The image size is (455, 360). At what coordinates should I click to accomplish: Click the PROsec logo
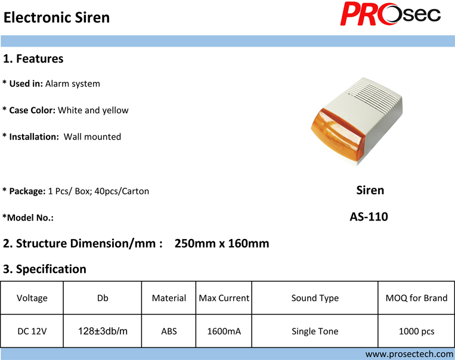(390, 14)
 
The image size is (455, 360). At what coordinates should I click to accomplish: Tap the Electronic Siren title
(57, 17)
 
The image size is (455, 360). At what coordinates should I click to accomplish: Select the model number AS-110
(369, 217)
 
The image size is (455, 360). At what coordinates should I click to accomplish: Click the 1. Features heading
(33, 58)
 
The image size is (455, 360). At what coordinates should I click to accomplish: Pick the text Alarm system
(73, 84)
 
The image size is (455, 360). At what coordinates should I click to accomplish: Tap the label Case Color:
(32, 110)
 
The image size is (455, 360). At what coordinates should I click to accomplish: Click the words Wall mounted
(92, 136)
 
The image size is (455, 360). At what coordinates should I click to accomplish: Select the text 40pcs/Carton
(122, 191)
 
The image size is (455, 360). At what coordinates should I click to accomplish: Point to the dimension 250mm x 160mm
(222, 243)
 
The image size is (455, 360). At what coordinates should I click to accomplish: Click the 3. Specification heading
(45, 269)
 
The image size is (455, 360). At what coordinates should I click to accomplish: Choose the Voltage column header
(32, 298)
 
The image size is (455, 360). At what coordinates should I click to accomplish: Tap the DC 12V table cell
(32, 331)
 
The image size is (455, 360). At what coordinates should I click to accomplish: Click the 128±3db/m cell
(103, 331)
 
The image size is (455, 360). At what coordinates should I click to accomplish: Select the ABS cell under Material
(169, 331)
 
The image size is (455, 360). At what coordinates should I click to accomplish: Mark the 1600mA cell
(224, 331)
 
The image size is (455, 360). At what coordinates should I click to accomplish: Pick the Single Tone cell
(315, 331)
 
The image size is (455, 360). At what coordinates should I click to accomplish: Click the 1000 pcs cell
(416, 331)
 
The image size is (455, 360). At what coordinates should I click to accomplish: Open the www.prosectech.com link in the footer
(409, 354)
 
